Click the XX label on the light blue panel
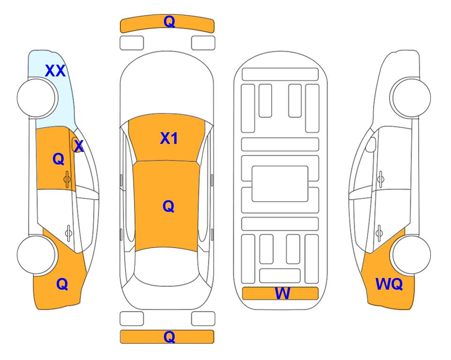point(55,71)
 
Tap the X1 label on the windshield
point(169,138)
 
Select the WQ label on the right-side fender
point(389,284)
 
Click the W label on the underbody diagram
point(282,293)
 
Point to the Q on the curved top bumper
point(169,21)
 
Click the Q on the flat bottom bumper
point(169,337)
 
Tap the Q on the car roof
point(168,206)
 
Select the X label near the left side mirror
point(79,146)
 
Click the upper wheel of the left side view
point(36,98)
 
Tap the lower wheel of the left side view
point(36,255)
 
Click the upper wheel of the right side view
point(411,97)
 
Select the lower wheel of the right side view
point(411,255)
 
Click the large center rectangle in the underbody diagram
point(280,184)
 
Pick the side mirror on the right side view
point(371,144)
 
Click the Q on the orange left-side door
point(59,159)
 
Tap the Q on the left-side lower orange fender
point(62,284)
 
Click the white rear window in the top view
point(166,266)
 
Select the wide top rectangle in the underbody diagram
point(280,75)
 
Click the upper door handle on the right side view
point(380,179)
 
